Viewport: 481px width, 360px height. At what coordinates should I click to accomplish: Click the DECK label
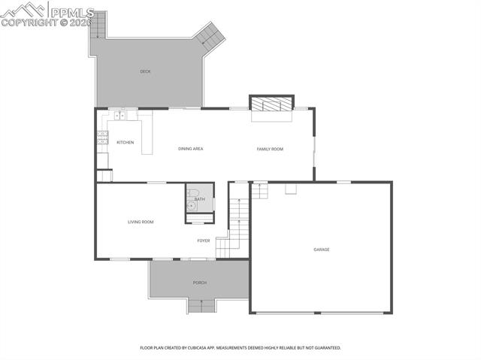(x=145, y=71)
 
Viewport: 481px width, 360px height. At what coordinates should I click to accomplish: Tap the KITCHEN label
(x=125, y=142)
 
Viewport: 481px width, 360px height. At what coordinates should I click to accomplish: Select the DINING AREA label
(x=190, y=149)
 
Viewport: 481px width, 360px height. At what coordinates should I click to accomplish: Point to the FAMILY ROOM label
(x=270, y=149)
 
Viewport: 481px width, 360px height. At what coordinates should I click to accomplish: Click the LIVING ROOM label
(x=141, y=222)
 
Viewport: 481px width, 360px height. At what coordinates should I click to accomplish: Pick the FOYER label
(x=204, y=241)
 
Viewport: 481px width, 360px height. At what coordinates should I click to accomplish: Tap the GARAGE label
(x=322, y=250)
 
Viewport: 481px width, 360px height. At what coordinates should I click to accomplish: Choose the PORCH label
(x=199, y=283)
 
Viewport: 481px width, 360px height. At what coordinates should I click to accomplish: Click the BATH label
(x=199, y=199)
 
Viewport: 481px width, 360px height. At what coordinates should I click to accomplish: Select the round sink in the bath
(x=192, y=204)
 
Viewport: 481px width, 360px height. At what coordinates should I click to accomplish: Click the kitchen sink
(x=119, y=116)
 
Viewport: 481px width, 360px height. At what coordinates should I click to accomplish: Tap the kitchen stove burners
(x=102, y=137)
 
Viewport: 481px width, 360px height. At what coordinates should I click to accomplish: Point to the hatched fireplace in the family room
(x=271, y=104)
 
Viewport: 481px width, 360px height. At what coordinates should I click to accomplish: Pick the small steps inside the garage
(x=259, y=191)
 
